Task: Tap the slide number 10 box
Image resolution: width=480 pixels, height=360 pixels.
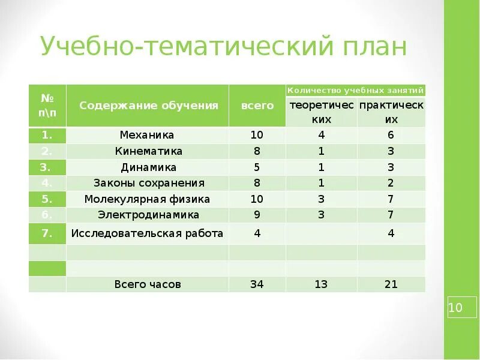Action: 455,308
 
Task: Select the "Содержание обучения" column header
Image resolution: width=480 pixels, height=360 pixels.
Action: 148,106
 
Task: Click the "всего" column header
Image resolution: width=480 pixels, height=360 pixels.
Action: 257,106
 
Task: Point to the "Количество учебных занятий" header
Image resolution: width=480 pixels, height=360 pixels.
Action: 356,91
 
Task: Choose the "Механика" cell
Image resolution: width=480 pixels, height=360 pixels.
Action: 147,135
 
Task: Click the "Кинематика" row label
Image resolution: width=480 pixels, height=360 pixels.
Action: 147,151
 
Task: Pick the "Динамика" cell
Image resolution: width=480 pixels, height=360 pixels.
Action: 147,167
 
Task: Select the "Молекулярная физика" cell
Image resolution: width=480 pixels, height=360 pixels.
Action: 147,199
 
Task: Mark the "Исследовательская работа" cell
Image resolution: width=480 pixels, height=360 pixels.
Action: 147,233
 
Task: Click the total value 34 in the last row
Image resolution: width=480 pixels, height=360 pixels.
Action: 257,284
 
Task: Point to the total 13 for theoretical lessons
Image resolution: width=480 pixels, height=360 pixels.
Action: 321,284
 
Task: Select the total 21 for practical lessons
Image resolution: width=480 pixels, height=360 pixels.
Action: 391,284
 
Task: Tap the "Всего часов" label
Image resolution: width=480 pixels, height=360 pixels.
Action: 148,284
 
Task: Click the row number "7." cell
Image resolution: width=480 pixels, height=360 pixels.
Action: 47,233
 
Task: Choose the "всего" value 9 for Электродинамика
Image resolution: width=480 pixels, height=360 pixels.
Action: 257,214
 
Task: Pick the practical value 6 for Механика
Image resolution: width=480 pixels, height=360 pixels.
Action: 391,135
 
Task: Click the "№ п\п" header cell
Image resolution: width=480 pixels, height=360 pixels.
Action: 47,106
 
